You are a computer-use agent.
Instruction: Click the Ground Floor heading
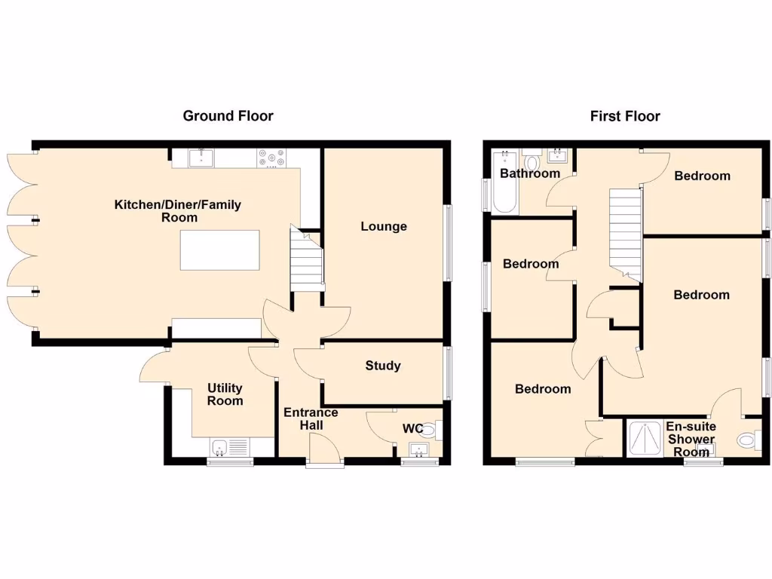[228, 116]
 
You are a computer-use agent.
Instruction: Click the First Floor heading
[625, 116]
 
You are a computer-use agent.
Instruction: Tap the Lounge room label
[383, 226]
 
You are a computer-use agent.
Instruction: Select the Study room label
[383, 366]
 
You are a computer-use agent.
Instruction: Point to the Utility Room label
[225, 394]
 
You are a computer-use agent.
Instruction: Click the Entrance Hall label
[311, 419]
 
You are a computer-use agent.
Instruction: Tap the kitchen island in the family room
[219, 250]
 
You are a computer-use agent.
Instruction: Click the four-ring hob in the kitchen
[272, 158]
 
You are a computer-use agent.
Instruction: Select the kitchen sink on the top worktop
[201, 158]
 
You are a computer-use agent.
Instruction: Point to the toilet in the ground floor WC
[431, 430]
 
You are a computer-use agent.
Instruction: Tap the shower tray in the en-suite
[644, 438]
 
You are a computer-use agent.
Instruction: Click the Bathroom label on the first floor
[530, 173]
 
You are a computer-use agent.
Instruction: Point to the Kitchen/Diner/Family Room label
[178, 211]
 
